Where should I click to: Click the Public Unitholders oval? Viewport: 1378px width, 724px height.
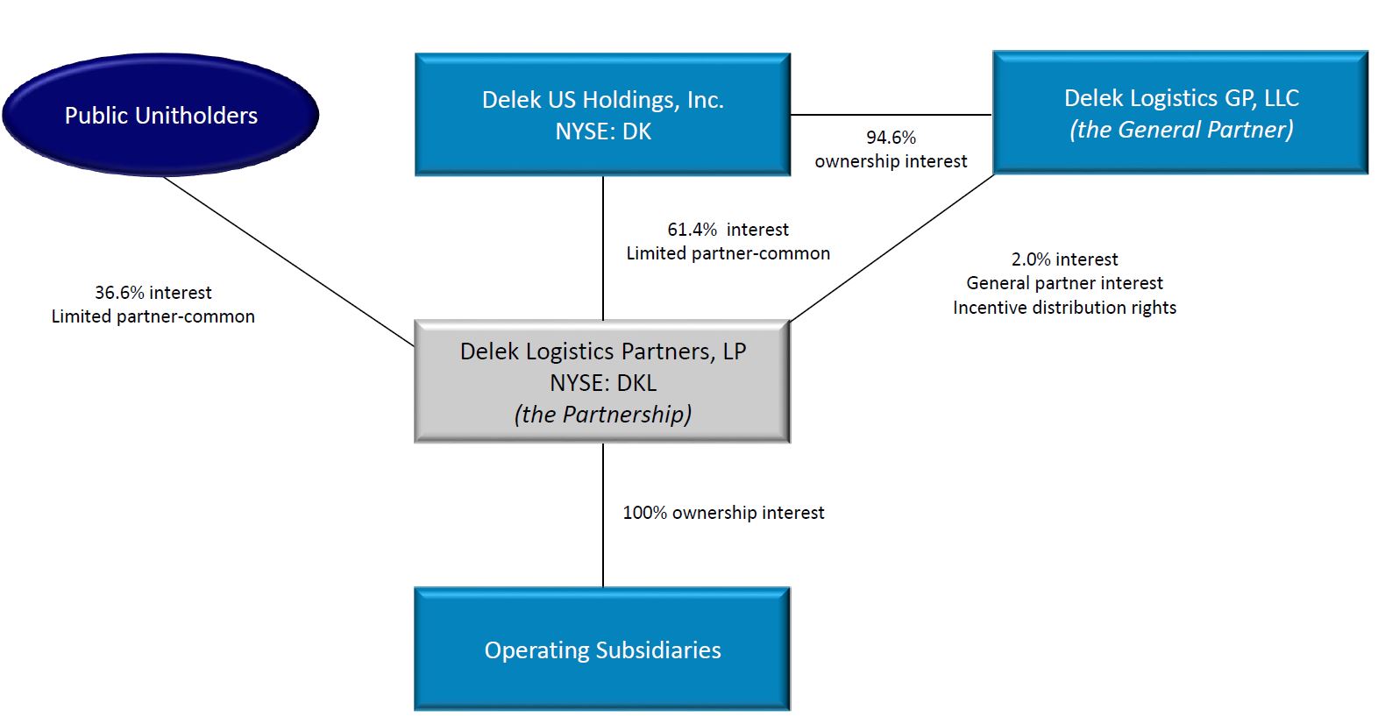pyautogui.click(x=160, y=115)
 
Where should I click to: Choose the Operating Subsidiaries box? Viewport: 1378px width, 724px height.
pyautogui.click(x=602, y=649)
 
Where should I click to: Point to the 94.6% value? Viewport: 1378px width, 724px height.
pyautogui.click(x=891, y=138)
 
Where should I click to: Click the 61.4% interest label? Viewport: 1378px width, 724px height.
pyautogui.click(x=728, y=230)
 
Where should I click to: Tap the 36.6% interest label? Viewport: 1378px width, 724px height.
pyautogui.click(x=153, y=293)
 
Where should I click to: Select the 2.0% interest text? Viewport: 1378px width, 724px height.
pyautogui.click(x=1064, y=259)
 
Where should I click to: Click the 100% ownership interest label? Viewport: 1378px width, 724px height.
pyautogui.click(x=723, y=513)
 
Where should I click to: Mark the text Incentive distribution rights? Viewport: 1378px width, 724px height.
pyautogui.click(x=1064, y=308)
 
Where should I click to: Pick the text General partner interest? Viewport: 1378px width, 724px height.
pyautogui.click(x=1064, y=283)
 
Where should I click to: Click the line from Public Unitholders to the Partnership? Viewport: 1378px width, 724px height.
pyautogui.click(x=289, y=261)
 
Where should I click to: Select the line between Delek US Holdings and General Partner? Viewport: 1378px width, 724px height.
pyautogui.click(x=891, y=115)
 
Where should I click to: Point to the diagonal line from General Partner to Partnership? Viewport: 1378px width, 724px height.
pyautogui.click(x=892, y=248)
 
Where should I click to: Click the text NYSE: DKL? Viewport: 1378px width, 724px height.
pyautogui.click(x=602, y=383)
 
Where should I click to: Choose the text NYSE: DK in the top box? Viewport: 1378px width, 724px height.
pyautogui.click(x=602, y=131)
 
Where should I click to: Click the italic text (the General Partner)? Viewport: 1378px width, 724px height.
pyautogui.click(x=1181, y=130)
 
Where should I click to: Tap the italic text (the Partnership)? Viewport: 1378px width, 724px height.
pyautogui.click(x=602, y=414)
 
